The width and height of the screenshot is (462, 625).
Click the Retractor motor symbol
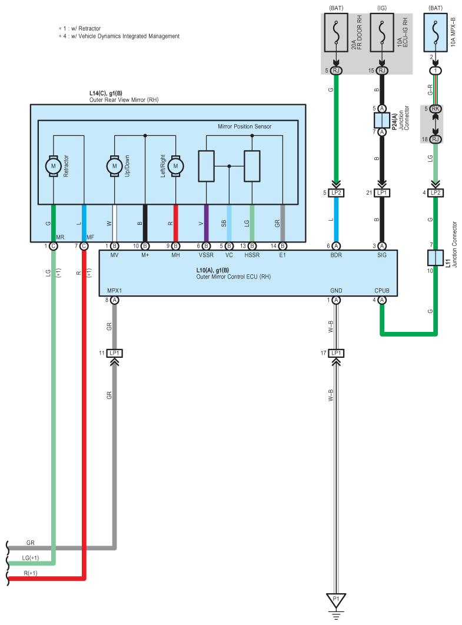54,166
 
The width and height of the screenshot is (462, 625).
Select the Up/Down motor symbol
114,166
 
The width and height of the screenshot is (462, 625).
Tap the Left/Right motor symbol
176,166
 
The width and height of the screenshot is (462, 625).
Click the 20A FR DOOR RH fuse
336,33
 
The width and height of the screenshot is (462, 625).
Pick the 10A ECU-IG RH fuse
382,33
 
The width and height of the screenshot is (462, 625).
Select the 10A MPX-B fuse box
436,33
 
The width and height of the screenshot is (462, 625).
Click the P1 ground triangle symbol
336,600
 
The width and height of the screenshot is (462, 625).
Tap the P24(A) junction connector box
382,121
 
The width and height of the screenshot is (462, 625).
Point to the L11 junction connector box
436,258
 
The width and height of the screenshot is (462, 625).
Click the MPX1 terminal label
114,291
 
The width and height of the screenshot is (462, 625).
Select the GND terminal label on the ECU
336,291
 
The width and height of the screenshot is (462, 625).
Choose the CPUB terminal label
382,291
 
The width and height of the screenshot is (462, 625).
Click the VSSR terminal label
206,255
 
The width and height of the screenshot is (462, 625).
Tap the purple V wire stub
206,223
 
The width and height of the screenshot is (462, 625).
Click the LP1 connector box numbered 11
114,353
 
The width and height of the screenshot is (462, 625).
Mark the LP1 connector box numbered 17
336,353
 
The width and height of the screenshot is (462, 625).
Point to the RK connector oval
436,109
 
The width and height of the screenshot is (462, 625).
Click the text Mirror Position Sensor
244,127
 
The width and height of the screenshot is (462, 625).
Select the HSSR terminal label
252,255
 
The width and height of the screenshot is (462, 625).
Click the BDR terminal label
336,255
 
